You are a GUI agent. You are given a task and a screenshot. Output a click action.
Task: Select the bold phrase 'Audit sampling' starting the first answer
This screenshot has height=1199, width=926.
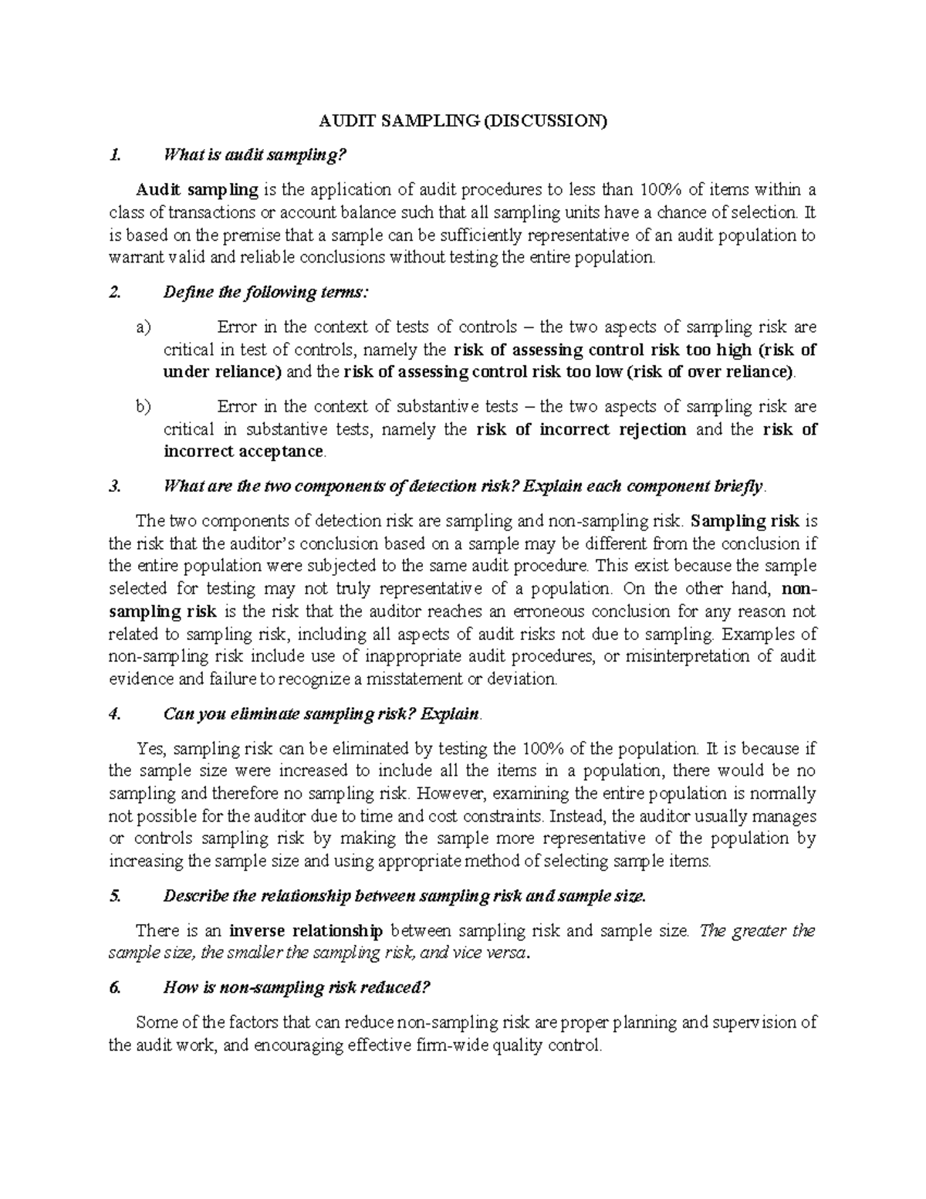coord(198,189)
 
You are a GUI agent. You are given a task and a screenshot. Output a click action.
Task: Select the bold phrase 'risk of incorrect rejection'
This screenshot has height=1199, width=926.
coord(581,429)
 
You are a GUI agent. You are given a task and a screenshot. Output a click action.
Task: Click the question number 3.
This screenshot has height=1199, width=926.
coord(115,486)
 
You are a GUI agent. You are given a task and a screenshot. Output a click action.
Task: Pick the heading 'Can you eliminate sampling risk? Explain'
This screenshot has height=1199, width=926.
coord(322,714)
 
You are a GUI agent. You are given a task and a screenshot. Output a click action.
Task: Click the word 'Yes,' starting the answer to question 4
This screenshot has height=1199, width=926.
coord(150,748)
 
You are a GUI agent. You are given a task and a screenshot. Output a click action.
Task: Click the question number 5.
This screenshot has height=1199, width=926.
coord(115,896)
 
